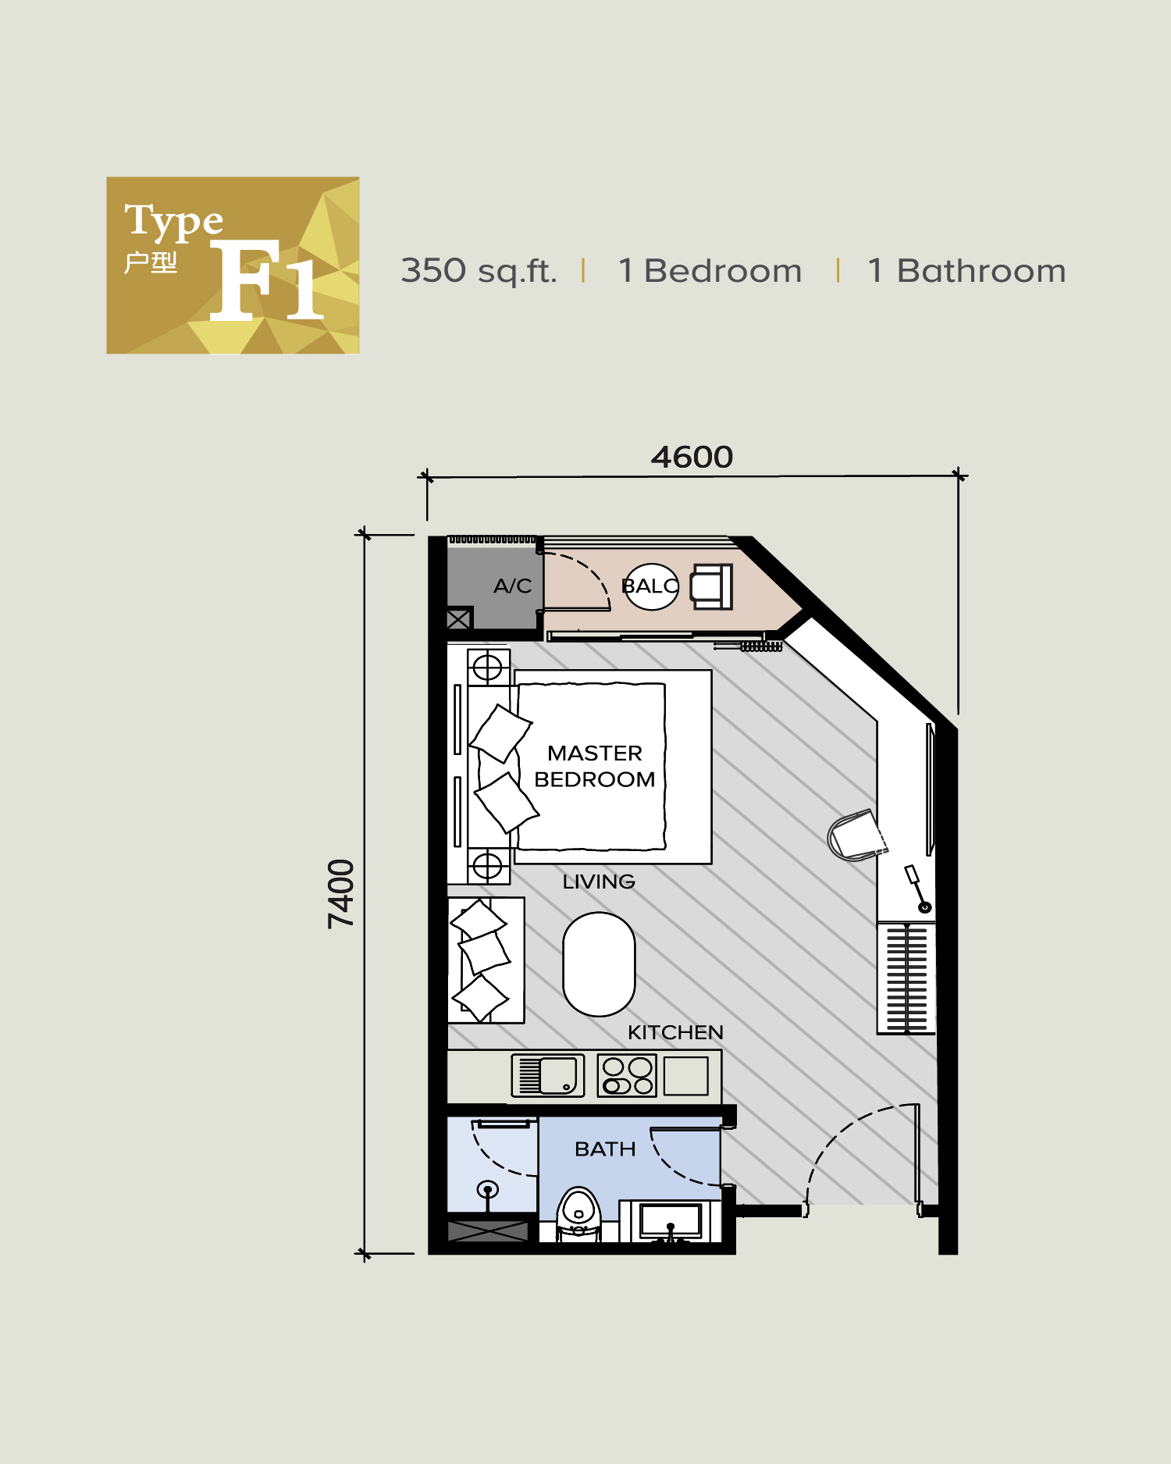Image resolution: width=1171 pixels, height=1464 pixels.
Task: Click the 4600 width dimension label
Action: pos(692,458)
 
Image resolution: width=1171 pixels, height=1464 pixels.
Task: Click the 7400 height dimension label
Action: pos(341,893)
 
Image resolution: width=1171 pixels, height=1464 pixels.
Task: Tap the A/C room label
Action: pos(512,586)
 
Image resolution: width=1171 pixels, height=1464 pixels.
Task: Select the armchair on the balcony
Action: pos(711,586)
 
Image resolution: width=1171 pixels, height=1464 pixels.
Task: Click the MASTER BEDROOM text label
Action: pos(595,766)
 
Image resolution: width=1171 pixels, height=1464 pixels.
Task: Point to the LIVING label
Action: pos(599,882)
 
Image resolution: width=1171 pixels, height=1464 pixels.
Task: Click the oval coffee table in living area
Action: pos(599,964)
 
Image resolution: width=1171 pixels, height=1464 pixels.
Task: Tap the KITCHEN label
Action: pos(675,1032)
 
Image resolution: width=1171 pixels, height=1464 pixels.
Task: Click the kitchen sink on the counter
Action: pos(548,1075)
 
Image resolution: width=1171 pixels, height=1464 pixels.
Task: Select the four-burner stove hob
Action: pos(627,1076)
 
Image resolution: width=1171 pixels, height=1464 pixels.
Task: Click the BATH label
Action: pos(605,1149)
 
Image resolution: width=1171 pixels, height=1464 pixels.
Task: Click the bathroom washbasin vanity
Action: pos(671,1220)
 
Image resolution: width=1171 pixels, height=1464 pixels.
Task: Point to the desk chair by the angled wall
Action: pos(856,835)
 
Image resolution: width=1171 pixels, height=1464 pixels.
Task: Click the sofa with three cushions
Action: pos(486,960)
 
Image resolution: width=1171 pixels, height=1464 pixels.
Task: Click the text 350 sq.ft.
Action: pos(479,271)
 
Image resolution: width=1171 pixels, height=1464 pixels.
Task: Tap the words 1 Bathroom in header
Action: pos(966,271)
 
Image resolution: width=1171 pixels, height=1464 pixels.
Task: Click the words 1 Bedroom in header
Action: pos(710,271)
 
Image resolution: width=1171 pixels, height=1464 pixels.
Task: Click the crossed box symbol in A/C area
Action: pos(459,619)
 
